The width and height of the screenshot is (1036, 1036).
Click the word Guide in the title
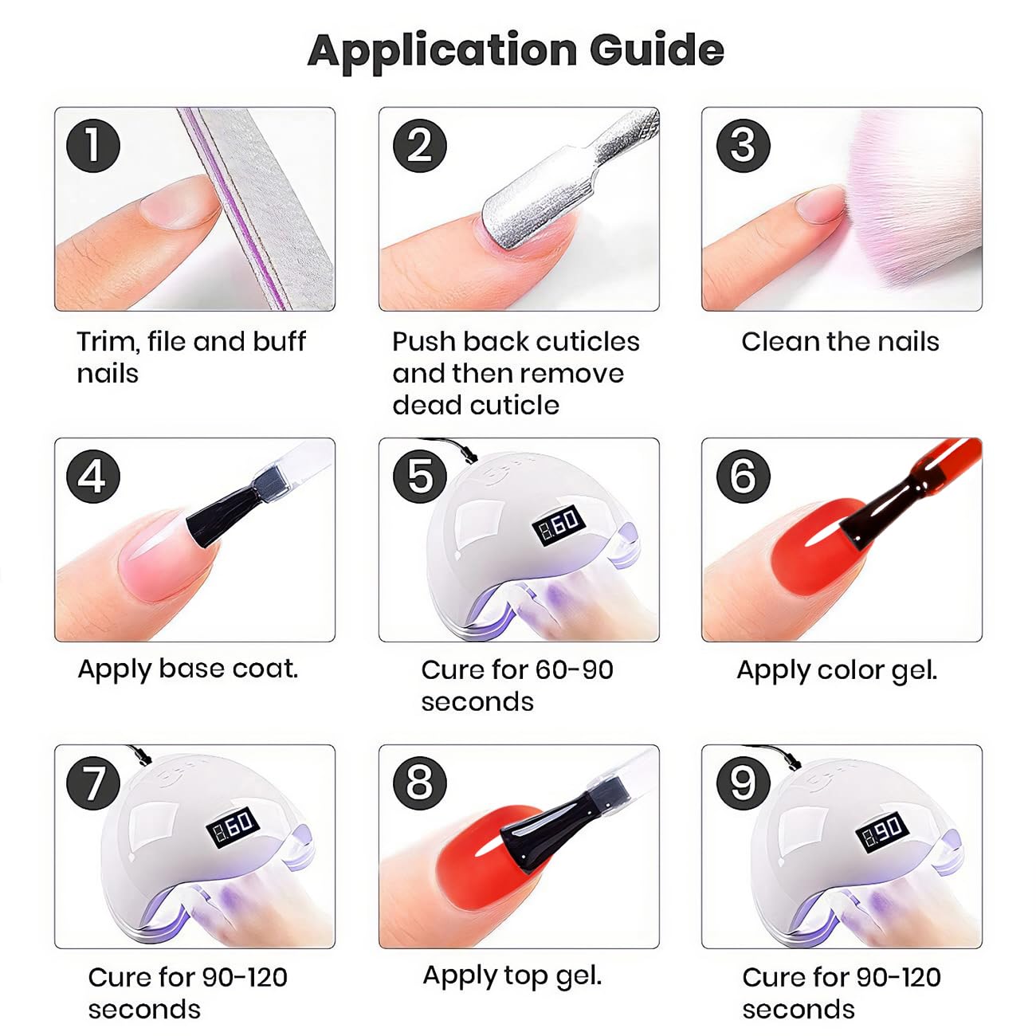(657, 50)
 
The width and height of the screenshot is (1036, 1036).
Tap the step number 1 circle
(93, 146)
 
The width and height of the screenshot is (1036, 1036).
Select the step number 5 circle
(420, 477)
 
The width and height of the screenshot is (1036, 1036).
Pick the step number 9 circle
(744, 783)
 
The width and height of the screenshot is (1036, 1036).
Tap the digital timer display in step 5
(560, 524)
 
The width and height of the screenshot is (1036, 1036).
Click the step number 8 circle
(420, 783)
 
